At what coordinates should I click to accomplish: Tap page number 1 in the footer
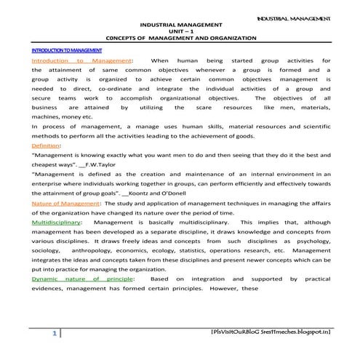click(53, 333)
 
